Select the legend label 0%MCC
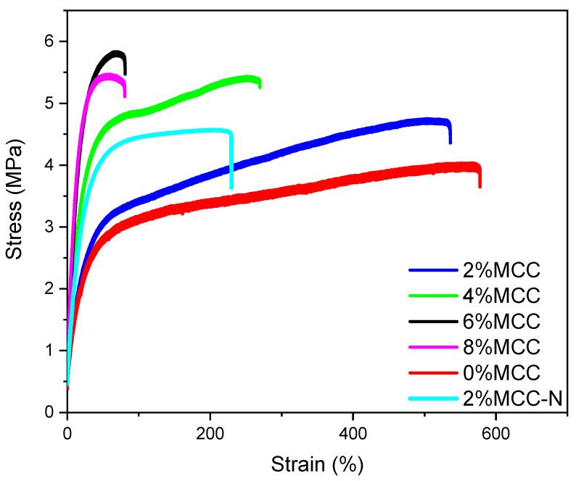click(501, 373)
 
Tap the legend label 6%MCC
click(501, 321)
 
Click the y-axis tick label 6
click(49, 41)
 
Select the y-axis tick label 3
click(49, 227)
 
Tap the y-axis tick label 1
click(49, 351)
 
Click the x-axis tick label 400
click(353, 437)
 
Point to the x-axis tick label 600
click(495, 437)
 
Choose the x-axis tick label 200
click(210, 437)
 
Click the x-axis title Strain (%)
click(316, 463)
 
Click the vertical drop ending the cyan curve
click(231, 159)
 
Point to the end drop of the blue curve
click(450, 133)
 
